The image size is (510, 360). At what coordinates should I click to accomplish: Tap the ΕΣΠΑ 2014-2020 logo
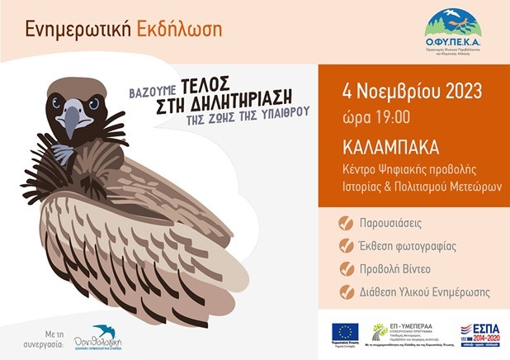pos(479,334)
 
